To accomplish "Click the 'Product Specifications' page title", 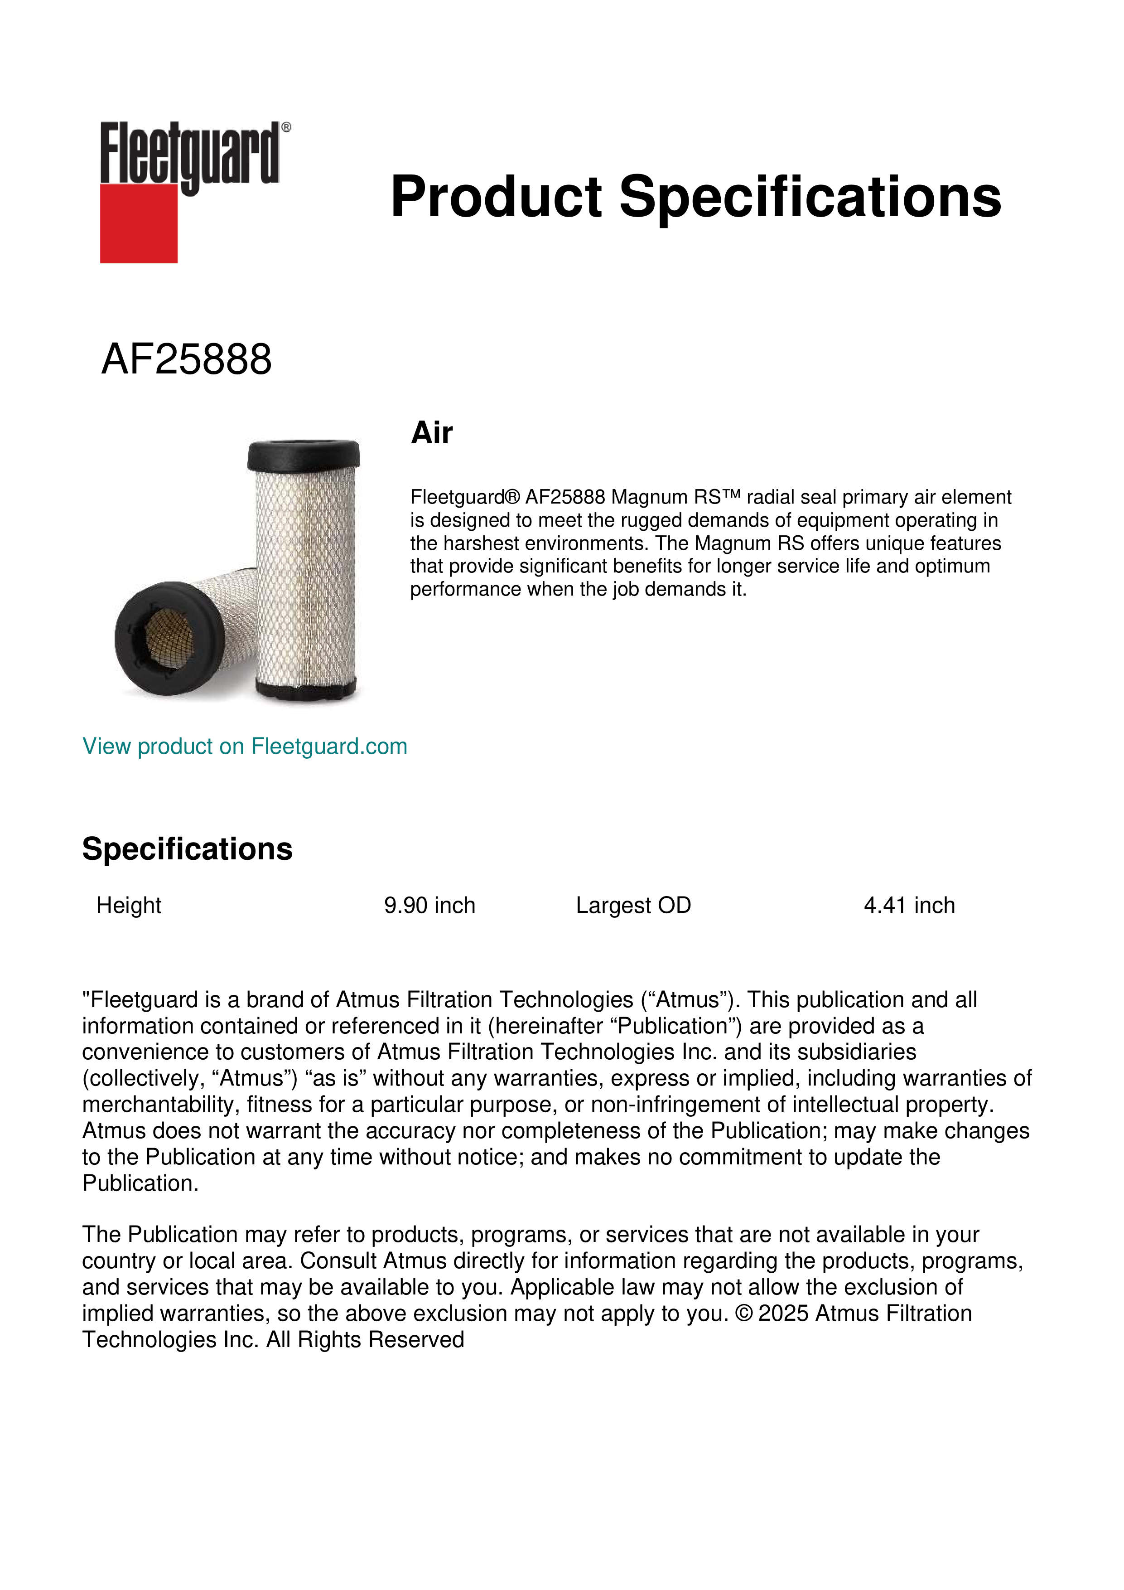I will (695, 197).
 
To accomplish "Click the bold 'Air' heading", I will (432, 433).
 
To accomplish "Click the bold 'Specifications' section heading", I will (187, 849).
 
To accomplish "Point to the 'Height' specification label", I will (129, 905).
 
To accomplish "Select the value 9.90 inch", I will (430, 905).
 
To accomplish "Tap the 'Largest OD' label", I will (633, 905).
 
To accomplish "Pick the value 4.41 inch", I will (909, 905).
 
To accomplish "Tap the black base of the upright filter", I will (305, 688).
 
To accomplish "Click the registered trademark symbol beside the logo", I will (286, 127).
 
